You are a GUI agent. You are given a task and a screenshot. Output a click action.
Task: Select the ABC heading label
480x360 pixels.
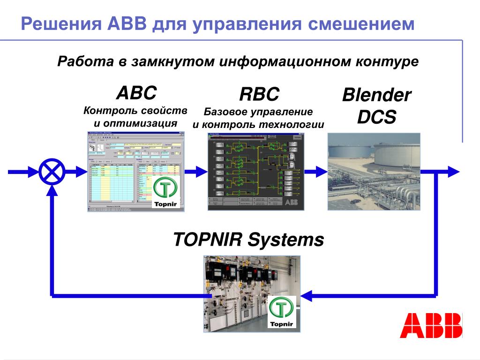[x=136, y=93]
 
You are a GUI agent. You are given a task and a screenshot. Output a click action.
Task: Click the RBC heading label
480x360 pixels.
[x=259, y=95]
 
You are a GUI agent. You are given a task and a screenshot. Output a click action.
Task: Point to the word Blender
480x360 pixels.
[x=376, y=96]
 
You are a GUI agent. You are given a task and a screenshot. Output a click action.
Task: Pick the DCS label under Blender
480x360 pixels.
[x=376, y=117]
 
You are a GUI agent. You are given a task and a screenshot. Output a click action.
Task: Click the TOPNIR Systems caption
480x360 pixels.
[x=248, y=240]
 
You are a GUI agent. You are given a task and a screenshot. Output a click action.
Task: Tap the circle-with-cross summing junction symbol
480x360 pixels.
[x=52, y=172]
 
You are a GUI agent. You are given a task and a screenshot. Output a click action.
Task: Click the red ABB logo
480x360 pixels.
[x=430, y=325]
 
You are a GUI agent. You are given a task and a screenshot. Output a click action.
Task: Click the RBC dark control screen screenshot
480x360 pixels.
[x=255, y=171]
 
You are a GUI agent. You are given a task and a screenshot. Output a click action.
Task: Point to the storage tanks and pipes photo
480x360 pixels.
[x=374, y=171]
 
